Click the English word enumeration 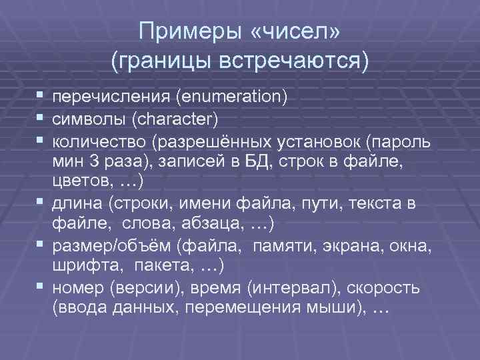coord(230,98)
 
